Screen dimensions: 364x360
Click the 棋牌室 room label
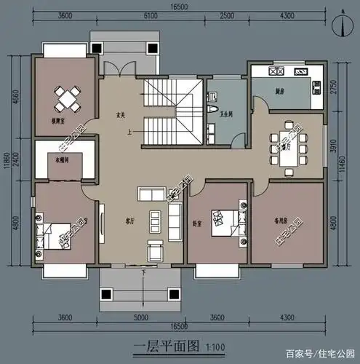pyautogui.click(x=60, y=119)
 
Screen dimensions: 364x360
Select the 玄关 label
pyautogui.click(x=123, y=114)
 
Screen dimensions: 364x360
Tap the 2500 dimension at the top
pyautogui.click(x=227, y=16)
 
